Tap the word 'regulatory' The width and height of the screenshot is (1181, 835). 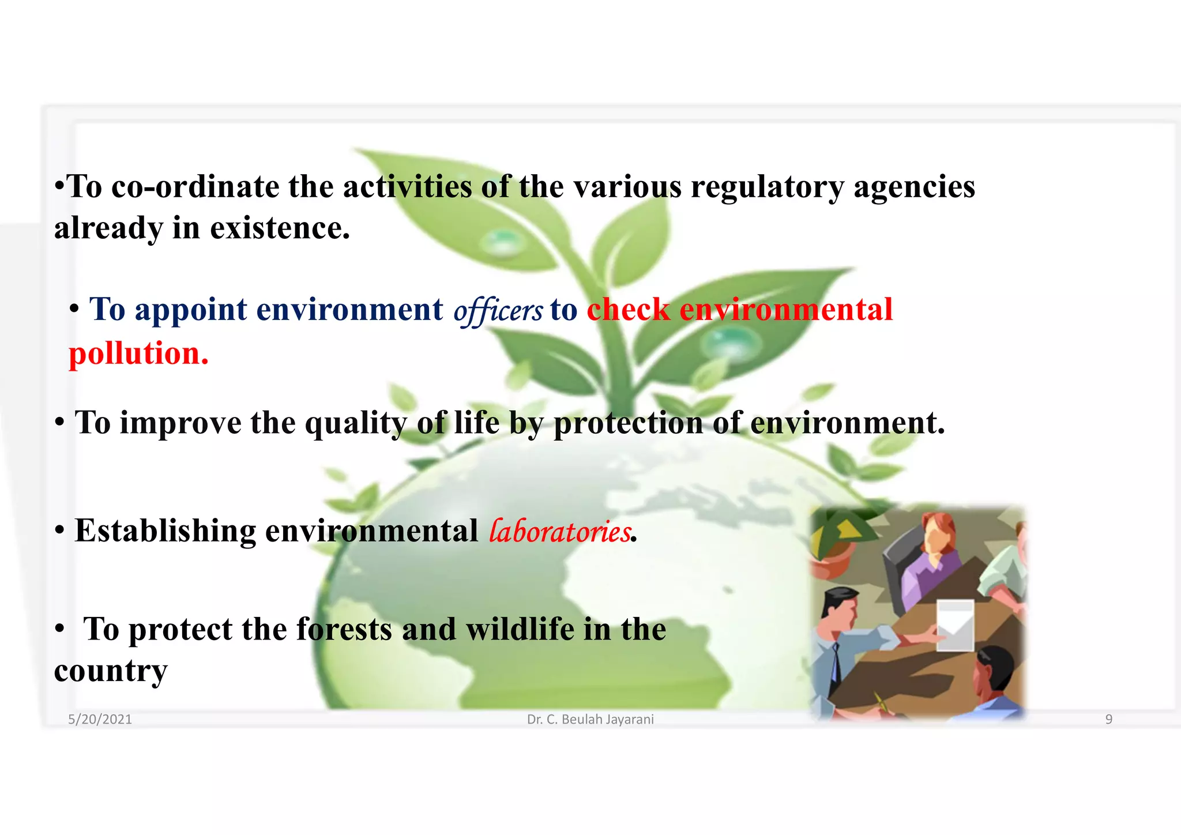(x=767, y=187)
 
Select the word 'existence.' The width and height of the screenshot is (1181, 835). (x=280, y=228)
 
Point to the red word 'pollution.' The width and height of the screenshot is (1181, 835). (x=138, y=353)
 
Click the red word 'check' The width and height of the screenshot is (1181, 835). (x=628, y=310)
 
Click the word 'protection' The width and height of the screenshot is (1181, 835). (x=628, y=424)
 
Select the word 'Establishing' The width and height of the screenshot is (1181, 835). (x=166, y=531)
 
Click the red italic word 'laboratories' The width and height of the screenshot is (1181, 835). (x=559, y=531)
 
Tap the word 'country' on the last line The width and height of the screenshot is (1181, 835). (x=111, y=671)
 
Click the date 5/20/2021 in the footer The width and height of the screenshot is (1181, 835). (x=100, y=719)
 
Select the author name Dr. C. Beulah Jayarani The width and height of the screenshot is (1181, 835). (x=590, y=719)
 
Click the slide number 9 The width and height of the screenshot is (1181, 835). (x=1108, y=719)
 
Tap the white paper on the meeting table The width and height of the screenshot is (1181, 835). (x=955, y=625)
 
